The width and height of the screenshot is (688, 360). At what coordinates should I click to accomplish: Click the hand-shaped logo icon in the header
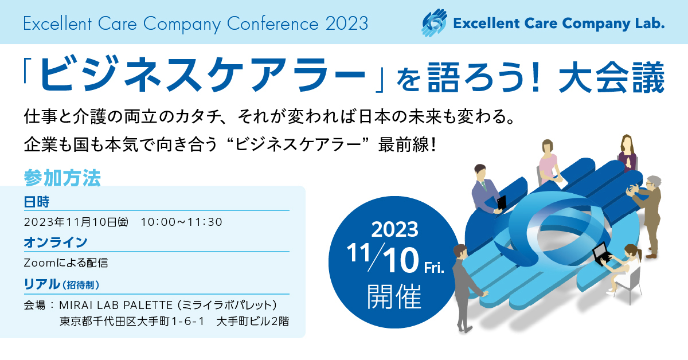coord(434,23)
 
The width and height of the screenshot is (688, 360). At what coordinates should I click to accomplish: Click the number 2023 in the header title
coord(347,24)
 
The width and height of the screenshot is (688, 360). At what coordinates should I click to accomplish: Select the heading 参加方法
coord(62,178)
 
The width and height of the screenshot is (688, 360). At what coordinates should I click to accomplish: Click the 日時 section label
coord(37,202)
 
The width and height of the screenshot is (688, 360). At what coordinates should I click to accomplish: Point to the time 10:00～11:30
coord(181,222)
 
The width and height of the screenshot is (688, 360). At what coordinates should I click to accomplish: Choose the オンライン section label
coord(56,242)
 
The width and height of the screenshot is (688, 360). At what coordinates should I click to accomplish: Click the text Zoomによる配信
coord(66,263)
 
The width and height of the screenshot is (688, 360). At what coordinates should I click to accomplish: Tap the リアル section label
coord(42,284)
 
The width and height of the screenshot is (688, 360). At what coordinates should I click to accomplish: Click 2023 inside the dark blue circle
coord(394,229)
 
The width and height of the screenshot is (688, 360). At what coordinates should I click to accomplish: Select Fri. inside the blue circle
coord(434,268)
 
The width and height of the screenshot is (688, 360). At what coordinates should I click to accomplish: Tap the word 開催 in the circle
coord(394,296)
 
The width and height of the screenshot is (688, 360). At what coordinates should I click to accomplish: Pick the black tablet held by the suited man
coord(502,204)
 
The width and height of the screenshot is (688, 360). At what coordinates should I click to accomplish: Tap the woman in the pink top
coord(549,163)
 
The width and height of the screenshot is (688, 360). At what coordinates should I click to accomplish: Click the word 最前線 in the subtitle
coord(403,144)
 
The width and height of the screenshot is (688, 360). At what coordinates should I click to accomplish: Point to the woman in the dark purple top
coord(627,154)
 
